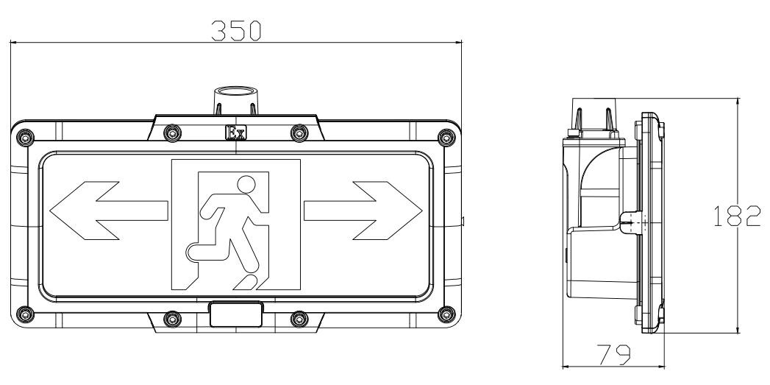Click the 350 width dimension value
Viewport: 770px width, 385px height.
(236, 30)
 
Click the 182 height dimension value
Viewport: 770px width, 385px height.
(737, 216)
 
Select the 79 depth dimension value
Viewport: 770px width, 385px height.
(613, 355)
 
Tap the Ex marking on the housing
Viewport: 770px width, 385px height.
(235, 133)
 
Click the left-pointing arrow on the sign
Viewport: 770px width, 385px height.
(109, 211)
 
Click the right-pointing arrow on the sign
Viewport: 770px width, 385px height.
(363, 211)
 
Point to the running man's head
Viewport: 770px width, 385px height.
(246, 184)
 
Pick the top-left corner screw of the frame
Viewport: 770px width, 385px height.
(25, 137)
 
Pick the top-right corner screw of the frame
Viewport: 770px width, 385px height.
(446, 137)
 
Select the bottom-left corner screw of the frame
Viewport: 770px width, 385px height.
(25, 314)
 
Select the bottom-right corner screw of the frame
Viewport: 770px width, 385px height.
(446, 314)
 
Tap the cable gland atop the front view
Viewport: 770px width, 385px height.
(235, 100)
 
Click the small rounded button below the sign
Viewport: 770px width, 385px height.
(236, 314)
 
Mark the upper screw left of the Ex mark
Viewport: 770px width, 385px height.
(172, 133)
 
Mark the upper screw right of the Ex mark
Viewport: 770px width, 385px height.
(299, 133)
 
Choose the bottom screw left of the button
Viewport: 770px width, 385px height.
(172, 319)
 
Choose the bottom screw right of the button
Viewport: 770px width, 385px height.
(299, 319)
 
